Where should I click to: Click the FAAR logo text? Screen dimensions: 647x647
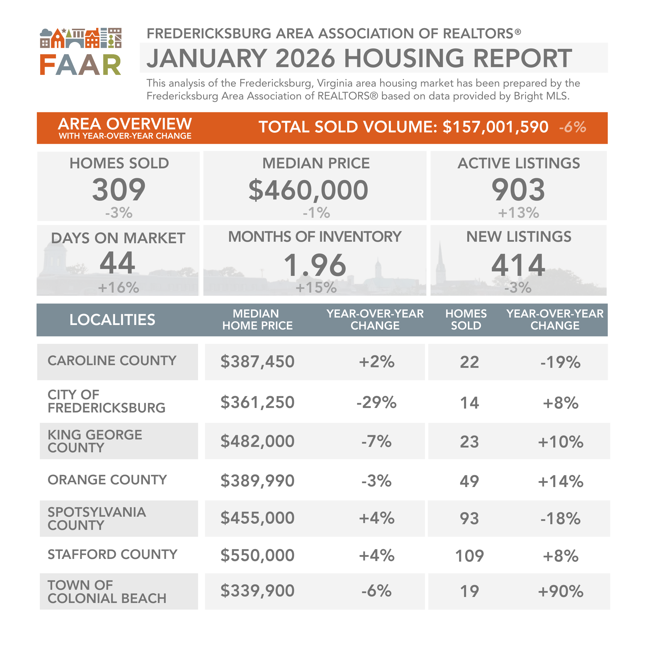click(80, 65)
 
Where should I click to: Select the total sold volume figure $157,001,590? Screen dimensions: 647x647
click(495, 127)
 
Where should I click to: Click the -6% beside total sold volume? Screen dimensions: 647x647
click(572, 127)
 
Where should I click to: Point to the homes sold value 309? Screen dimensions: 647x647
click(119, 190)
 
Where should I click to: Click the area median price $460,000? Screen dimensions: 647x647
click(308, 190)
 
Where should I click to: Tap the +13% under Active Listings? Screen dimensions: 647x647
click(518, 213)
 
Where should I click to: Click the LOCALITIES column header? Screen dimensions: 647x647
click(112, 320)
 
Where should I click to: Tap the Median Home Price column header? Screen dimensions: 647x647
click(257, 320)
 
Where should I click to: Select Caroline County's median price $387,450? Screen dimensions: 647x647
click(257, 362)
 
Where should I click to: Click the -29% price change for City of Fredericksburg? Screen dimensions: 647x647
click(377, 402)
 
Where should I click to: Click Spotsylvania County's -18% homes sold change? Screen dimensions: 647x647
click(560, 518)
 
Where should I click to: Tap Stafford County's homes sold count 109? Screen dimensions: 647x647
click(469, 556)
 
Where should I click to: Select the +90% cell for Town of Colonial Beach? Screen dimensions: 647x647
click(560, 591)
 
